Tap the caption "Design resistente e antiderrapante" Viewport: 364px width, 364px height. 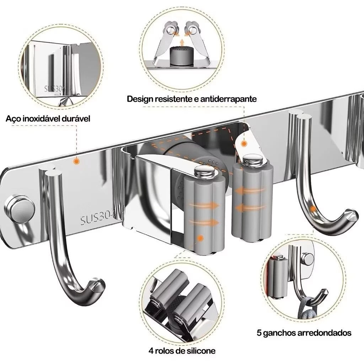click(x=192, y=99)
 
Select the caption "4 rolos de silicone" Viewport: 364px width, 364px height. click(x=182, y=351)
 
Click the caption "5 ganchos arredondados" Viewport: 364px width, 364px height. click(x=304, y=333)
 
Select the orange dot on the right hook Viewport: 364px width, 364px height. click(x=312, y=209)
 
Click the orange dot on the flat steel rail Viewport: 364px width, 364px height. click(x=76, y=161)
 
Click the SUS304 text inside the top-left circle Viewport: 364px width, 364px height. click(x=55, y=88)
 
